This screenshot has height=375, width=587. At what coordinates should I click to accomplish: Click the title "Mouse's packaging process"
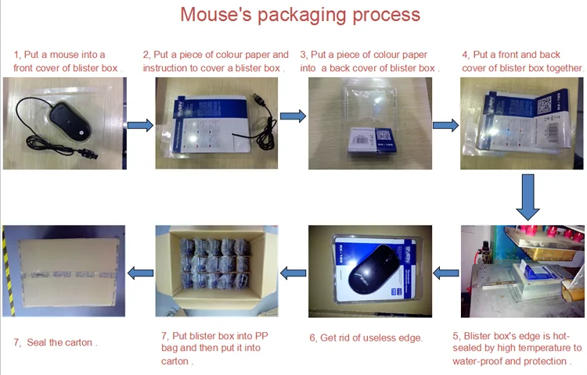(300, 14)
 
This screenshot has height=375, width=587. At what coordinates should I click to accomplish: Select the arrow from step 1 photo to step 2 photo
(140, 126)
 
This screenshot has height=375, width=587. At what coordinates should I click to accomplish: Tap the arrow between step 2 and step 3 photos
(293, 116)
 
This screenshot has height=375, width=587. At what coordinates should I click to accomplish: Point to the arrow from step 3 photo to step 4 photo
(445, 125)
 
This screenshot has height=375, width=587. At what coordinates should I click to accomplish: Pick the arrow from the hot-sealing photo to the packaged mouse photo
(446, 273)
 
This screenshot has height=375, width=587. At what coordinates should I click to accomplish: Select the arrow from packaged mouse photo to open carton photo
(293, 273)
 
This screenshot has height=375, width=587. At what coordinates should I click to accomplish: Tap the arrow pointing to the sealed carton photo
(140, 273)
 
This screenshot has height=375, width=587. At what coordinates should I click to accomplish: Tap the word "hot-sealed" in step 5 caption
(560, 335)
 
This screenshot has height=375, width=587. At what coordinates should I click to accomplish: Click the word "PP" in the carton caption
(261, 335)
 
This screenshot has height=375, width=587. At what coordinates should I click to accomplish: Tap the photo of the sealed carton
(64, 270)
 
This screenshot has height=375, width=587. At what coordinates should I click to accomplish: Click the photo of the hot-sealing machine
(522, 270)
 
